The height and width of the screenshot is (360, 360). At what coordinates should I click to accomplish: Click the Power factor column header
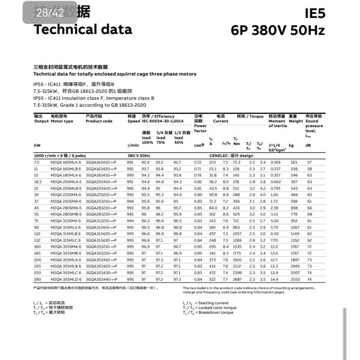200,122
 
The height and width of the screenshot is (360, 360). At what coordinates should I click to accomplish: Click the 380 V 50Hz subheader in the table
140,155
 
